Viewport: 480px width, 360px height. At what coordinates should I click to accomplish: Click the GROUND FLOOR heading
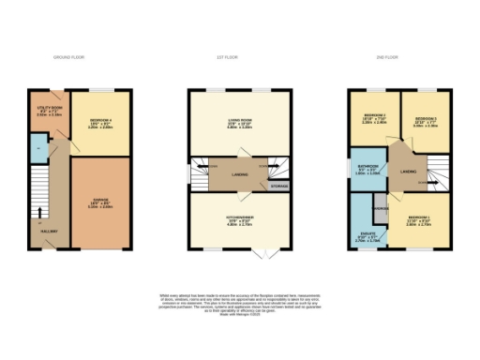[68, 58]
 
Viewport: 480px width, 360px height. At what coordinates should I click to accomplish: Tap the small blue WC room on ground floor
[37, 148]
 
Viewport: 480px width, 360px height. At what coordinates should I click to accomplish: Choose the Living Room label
[241, 121]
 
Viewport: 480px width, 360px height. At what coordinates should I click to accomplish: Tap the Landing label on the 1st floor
[240, 172]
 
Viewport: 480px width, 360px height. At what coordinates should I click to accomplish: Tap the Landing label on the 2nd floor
[408, 172]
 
